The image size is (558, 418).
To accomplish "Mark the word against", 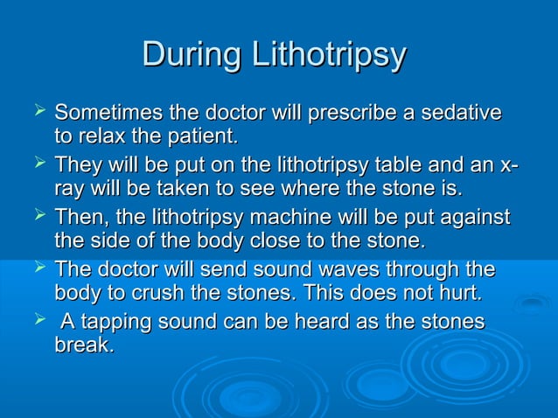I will pyautogui.click(x=476, y=217).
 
